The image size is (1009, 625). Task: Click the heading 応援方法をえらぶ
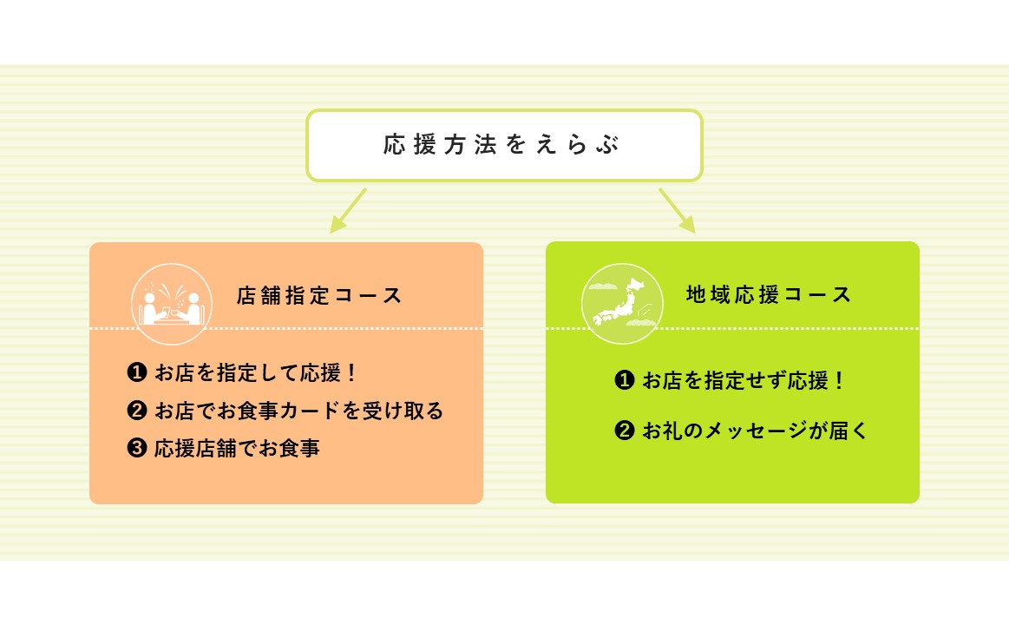pyautogui.click(x=501, y=145)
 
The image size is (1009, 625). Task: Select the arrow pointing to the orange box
pyautogui.click(x=348, y=210)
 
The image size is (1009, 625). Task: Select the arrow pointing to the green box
pyautogui.click(x=677, y=210)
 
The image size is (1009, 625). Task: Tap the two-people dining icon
pyautogui.click(x=171, y=304)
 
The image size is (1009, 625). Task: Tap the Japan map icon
pyautogui.click(x=621, y=303)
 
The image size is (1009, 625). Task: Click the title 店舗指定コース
pyautogui.click(x=319, y=295)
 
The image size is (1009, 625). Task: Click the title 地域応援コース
pyautogui.click(x=769, y=294)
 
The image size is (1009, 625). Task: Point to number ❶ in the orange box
pyautogui.click(x=137, y=372)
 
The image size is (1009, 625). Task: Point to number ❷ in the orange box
pyautogui.click(x=137, y=410)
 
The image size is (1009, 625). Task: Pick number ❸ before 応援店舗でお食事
pyautogui.click(x=137, y=447)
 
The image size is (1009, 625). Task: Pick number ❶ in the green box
pyautogui.click(x=625, y=379)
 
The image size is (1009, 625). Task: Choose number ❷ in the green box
pyautogui.click(x=625, y=430)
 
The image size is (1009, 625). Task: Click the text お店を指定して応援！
pyautogui.click(x=255, y=372)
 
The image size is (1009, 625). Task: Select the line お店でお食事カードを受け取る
pyautogui.click(x=299, y=410)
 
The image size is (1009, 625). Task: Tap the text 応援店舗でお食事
pyautogui.click(x=237, y=447)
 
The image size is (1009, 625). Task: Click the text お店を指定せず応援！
pyautogui.click(x=744, y=379)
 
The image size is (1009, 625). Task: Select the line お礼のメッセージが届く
pyautogui.click(x=756, y=430)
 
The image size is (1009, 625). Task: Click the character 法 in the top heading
pyautogui.click(x=486, y=145)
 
